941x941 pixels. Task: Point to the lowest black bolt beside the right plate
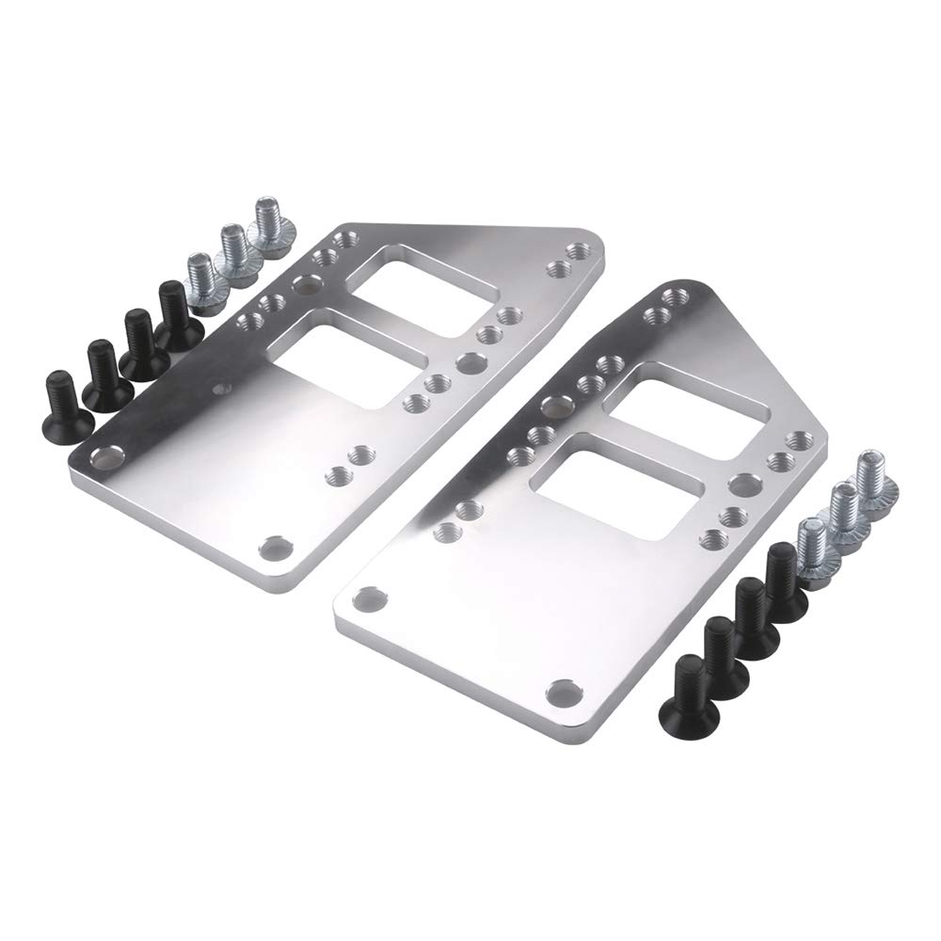tap(693, 683)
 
